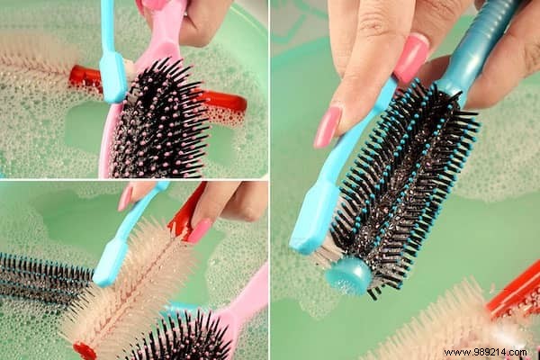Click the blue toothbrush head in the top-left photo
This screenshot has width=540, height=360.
click(114, 77)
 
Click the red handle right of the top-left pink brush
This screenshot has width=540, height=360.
click(225, 101)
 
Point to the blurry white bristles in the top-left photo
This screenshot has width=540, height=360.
click(36, 63)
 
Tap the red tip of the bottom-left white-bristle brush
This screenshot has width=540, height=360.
click(83, 349)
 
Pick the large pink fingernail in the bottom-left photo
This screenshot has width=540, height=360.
click(199, 229)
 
